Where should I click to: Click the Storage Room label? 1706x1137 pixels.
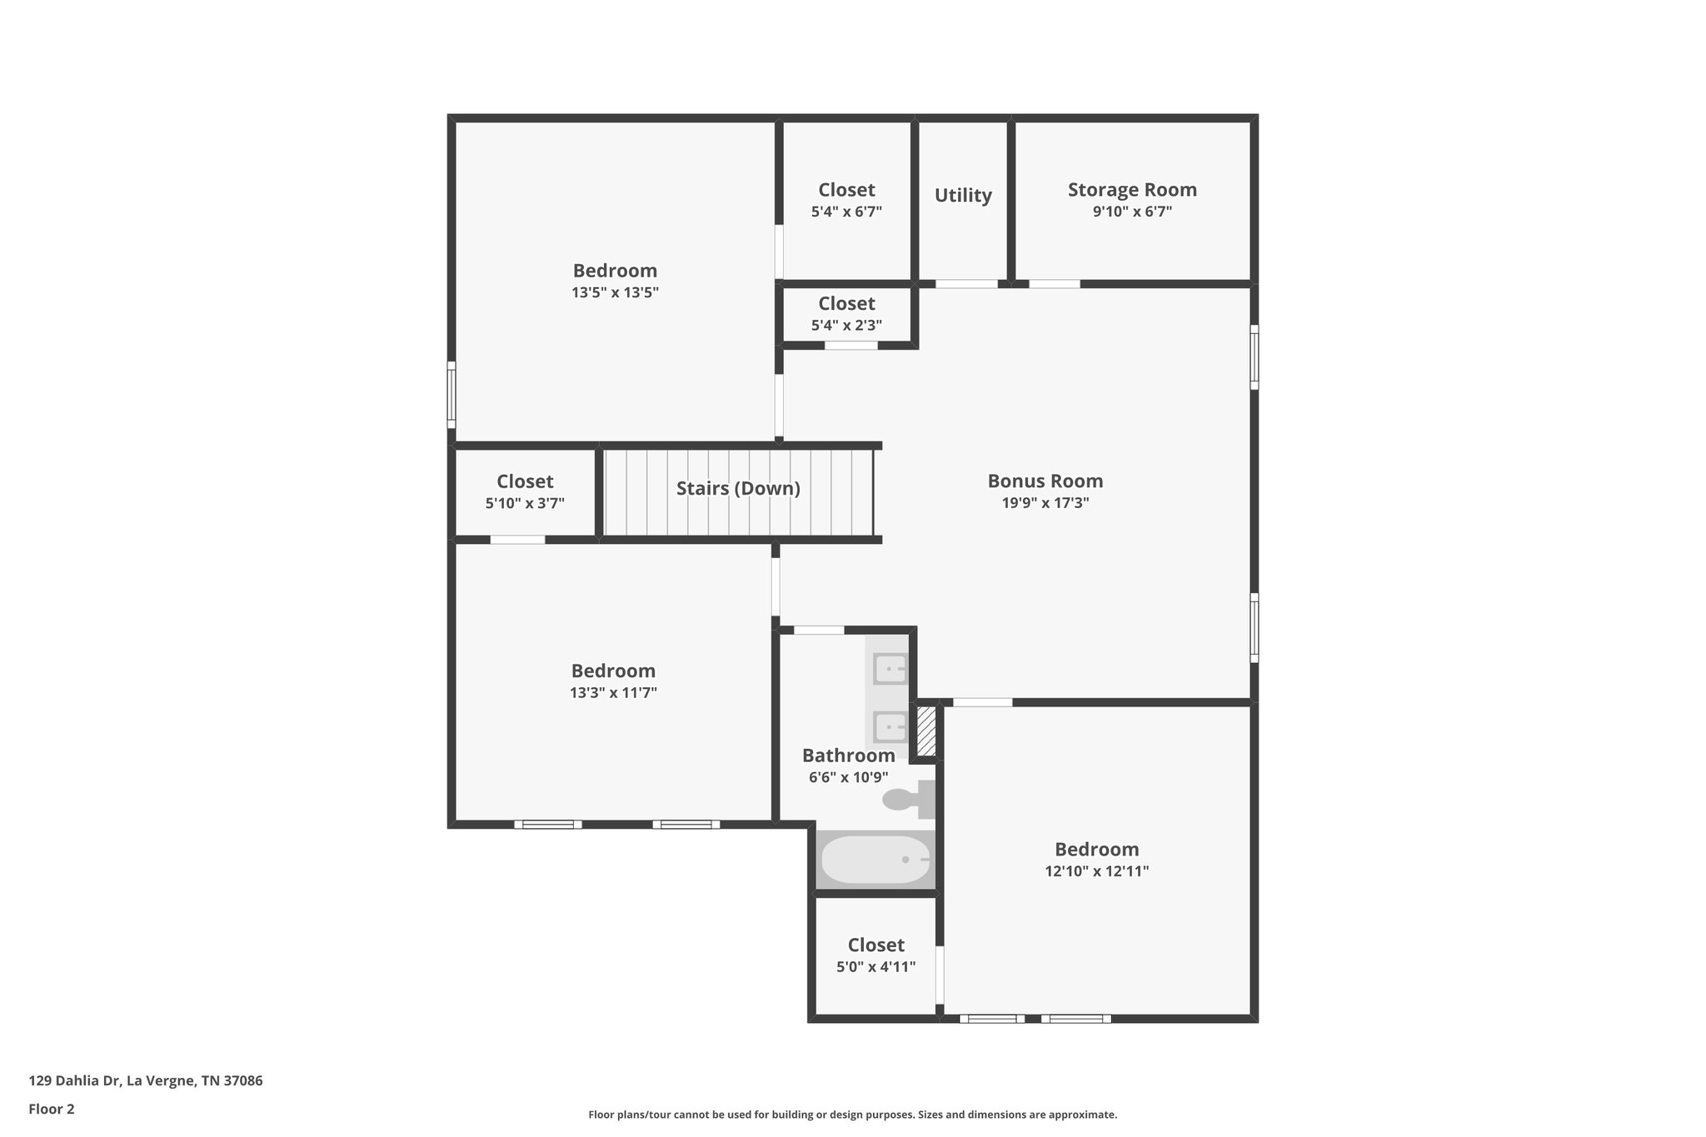coord(1132,190)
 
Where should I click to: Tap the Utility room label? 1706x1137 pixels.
coord(963,196)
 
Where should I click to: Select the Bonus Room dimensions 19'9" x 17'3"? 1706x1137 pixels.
coord(1045,503)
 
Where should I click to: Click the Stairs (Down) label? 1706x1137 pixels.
coord(738,489)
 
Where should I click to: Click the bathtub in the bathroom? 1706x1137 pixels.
coord(875,860)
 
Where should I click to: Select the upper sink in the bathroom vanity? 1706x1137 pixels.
coord(890,669)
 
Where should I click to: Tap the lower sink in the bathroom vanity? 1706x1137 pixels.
coord(890,726)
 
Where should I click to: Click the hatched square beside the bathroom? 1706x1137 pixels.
coord(926,731)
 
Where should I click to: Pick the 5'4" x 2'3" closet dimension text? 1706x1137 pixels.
coord(846,326)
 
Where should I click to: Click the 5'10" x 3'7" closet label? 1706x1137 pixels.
coord(525,481)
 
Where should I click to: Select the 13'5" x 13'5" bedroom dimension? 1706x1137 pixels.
coord(615,292)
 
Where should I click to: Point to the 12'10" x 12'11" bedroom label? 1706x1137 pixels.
coord(1096,850)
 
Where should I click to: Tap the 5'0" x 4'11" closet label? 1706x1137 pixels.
coord(875,945)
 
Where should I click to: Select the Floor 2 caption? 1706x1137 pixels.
coord(52,1110)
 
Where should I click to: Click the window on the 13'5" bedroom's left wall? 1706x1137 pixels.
coord(451,394)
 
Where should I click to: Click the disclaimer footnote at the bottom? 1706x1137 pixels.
coord(852,1115)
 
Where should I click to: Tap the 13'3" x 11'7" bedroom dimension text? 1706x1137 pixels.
coord(613,693)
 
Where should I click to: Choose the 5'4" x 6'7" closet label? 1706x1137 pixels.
coord(846,190)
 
